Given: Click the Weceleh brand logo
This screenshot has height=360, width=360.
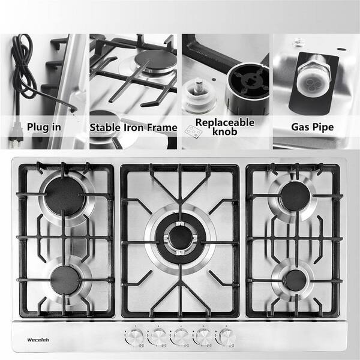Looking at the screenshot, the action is pos(38,340).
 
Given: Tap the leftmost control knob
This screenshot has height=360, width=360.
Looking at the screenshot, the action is pos(135,337).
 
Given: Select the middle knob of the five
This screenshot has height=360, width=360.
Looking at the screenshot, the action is pos(181,337).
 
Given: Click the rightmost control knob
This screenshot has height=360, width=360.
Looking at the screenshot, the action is pos(227,337).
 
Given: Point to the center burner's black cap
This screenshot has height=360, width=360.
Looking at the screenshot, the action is pos(181,238).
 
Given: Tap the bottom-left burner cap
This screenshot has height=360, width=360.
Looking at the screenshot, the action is pos(65,280).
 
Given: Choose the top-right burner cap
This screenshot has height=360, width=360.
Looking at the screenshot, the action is pos(296,196).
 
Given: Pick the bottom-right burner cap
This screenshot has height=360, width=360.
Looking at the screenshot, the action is pos(296,280).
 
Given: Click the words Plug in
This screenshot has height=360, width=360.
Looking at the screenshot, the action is pos(44,127).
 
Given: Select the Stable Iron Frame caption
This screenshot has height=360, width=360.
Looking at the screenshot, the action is pos(133,128).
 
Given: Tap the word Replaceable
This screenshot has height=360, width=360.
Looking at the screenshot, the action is pos(225,122).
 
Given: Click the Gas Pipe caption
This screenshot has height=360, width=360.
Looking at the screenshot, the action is pos(313,127).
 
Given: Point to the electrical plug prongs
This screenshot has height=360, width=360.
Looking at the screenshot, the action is pos(14,143).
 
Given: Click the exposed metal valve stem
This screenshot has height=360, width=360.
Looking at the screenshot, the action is pos(198,85).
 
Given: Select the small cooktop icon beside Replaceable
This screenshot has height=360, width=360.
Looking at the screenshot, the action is pos(193,131).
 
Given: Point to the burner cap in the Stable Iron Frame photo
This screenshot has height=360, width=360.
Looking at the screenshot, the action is pos(156,61).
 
